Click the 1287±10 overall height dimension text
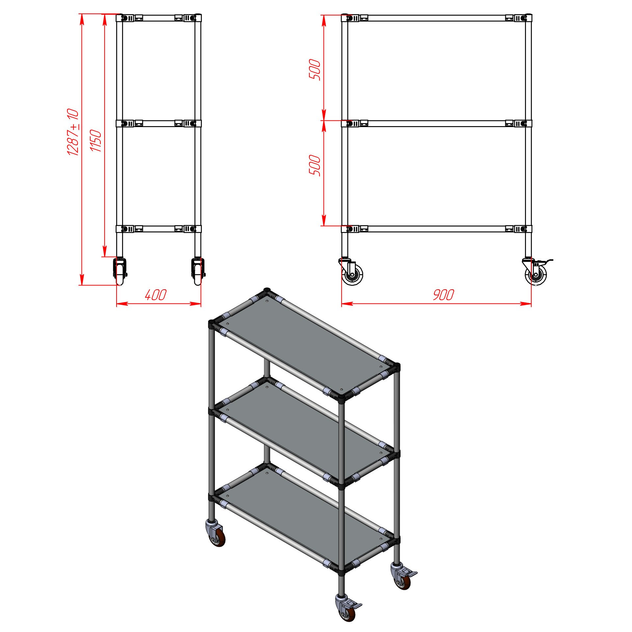[73, 132]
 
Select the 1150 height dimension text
[96, 141]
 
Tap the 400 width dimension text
[156, 295]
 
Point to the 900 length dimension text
[443, 295]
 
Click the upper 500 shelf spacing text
[315, 69]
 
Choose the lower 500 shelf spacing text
[315, 165]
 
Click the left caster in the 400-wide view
[120, 271]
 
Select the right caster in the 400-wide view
[198, 271]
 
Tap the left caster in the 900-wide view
[351, 272]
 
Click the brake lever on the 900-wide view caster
[546, 262]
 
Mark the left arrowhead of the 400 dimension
[122, 303]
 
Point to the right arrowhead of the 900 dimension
[526, 303]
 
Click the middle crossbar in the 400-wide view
[159, 123]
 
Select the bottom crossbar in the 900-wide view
[436, 229]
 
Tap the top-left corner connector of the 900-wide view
[350, 18]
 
